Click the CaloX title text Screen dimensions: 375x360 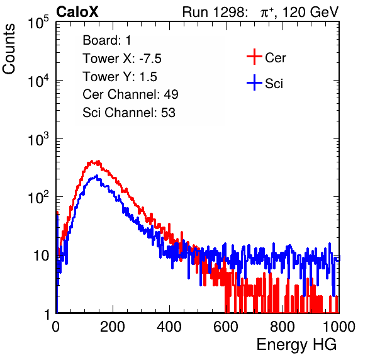point(77,12)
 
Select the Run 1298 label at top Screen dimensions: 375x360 point(215,12)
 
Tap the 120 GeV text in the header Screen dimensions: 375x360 point(311,12)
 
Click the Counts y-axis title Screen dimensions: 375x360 point(9,49)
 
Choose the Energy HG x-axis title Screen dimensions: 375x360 point(296,345)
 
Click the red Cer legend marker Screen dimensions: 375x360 point(254,57)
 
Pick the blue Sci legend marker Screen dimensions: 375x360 point(254,82)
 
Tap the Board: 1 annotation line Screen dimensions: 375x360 point(107,40)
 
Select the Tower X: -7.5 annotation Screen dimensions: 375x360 point(122,59)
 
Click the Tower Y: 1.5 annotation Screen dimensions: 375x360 point(120,77)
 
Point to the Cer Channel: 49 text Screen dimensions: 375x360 point(130,94)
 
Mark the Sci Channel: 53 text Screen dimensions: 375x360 point(129,113)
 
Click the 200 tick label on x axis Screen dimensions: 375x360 point(113,327)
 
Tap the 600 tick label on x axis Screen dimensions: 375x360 point(226,327)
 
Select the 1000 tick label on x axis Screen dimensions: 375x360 point(339,327)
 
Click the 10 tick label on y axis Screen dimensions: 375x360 point(42,256)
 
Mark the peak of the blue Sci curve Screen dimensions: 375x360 point(97,176)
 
